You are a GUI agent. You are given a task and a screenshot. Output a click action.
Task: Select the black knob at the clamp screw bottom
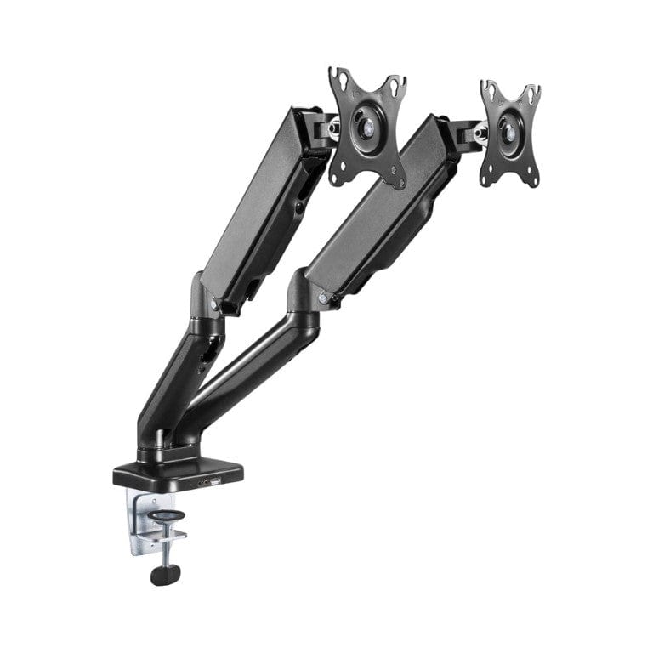tap(161, 575)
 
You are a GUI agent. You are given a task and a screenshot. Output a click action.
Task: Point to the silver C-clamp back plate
tap(141, 519)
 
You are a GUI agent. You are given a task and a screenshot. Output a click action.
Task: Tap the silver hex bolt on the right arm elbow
tap(324, 298)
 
